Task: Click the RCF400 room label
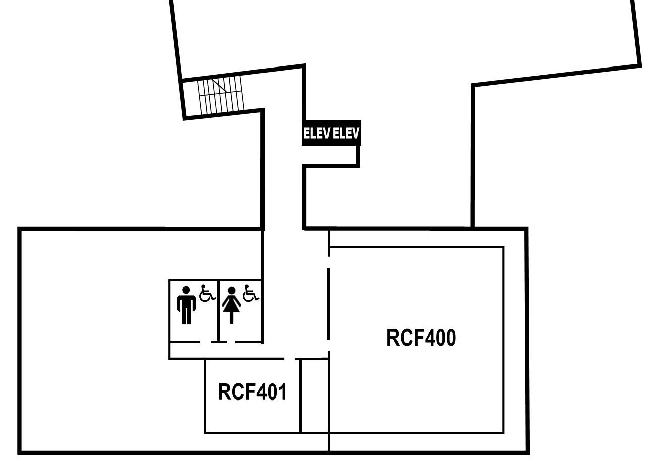[421, 338]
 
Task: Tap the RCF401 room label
[252, 392]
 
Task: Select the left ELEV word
[316, 134]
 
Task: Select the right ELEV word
[346, 134]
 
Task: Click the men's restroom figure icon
[186, 305]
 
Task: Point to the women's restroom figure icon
[231, 305]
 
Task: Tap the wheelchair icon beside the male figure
[207, 293]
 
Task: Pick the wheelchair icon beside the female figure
[251, 293]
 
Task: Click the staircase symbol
[221, 95]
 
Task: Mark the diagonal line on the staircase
[220, 86]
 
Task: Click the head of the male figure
[186, 290]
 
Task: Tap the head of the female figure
[231, 291]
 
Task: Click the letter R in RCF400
[393, 338]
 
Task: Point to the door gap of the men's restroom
[205, 342]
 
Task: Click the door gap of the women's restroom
[231, 342]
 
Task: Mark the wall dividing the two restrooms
[218, 311]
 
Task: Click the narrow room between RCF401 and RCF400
[315, 396]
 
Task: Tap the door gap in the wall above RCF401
[290, 359]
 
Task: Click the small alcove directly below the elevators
[331, 155]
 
